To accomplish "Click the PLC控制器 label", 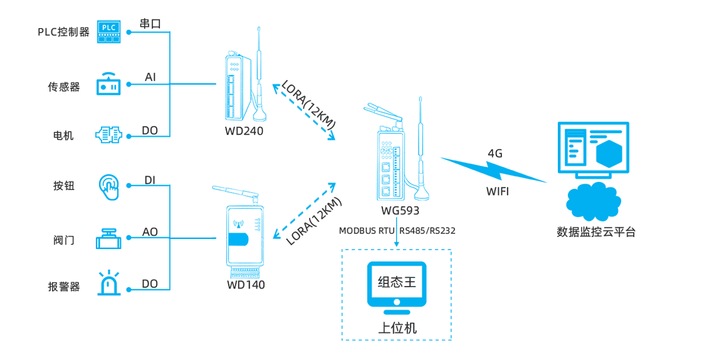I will tap(63, 32).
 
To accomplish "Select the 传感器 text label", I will tap(64, 87).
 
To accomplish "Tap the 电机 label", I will tap(63, 135).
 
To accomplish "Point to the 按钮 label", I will tap(64, 186).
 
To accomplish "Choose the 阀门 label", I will tap(64, 240).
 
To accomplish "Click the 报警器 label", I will tap(64, 287).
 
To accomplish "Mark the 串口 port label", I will tap(150, 24).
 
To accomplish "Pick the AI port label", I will tap(150, 77).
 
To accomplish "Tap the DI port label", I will tap(150, 181).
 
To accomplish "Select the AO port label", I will tap(150, 233).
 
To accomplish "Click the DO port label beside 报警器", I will tap(150, 284).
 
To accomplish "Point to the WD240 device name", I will tap(244, 131).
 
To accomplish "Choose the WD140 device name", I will tap(246, 285).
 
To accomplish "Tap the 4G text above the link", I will tap(495, 152).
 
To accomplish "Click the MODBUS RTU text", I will tap(367, 231).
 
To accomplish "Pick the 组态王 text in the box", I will tap(396, 282).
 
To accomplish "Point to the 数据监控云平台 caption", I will tap(596, 231).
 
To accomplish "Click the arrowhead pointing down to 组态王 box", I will tap(396, 244).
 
